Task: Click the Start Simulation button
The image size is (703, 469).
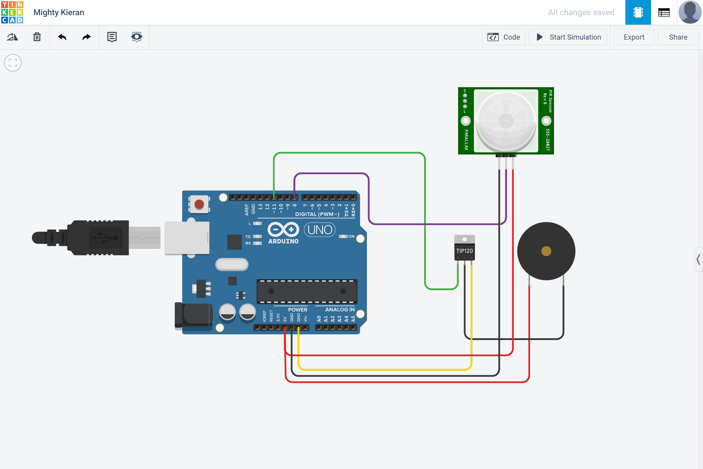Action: tap(568, 37)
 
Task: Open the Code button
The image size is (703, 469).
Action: tap(504, 37)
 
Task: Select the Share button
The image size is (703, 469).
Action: tap(678, 37)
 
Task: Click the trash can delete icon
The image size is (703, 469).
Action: tap(37, 37)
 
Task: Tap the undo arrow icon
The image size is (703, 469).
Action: tap(62, 37)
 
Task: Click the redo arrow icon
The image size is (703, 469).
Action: tap(87, 37)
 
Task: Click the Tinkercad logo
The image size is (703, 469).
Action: tap(12, 12)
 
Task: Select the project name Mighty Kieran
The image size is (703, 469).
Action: tap(59, 12)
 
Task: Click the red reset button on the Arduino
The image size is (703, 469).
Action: tap(199, 205)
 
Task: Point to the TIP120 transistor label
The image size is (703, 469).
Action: tap(464, 251)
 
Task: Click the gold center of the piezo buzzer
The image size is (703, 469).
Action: tap(546, 251)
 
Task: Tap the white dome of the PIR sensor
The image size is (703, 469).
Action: tap(506, 121)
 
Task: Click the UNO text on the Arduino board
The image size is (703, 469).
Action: tap(320, 230)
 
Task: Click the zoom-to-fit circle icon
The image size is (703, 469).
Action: tap(13, 63)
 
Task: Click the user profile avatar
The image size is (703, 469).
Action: tap(690, 12)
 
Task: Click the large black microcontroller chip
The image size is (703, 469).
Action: tap(307, 291)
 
